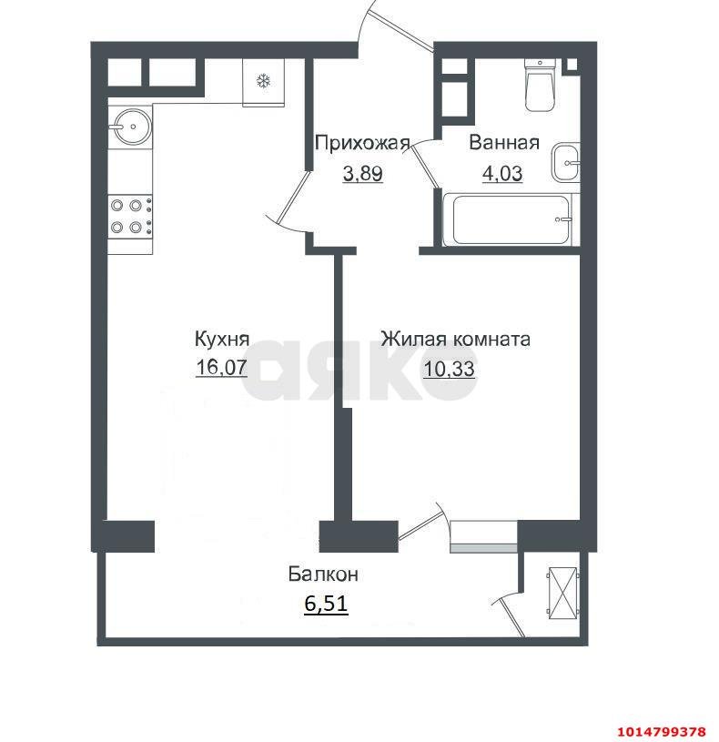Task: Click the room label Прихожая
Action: (362, 142)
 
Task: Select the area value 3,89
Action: (362, 173)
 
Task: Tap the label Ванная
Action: (504, 142)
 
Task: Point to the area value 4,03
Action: (501, 173)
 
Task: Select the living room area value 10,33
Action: (450, 368)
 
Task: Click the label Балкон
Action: (323, 574)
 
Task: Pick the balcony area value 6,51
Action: (326, 604)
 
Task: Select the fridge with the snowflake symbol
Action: (264, 81)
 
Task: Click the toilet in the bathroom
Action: (541, 85)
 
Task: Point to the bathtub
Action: (507, 219)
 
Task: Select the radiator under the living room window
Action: (483, 547)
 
